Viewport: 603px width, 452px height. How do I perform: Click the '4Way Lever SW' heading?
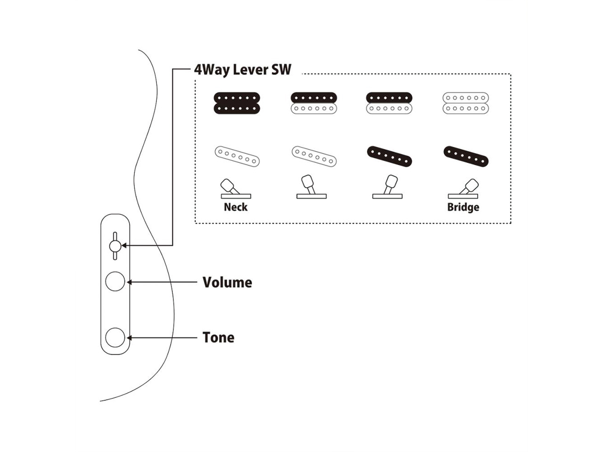click(x=243, y=70)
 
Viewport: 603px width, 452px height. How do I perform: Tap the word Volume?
click(x=227, y=282)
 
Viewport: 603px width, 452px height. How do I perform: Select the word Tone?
click(x=218, y=338)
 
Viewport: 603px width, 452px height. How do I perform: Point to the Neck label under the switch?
click(x=236, y=207)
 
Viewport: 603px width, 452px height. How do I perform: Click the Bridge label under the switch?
click(x=463, y=207)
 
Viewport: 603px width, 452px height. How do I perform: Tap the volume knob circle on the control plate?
click(x=115, y=282)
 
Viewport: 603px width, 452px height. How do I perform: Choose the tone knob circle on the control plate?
click(x=115, y=338)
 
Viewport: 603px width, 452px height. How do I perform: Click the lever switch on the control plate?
click(x=114, y=246)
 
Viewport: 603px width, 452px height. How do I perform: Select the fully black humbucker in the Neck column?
click(x=237, y=103)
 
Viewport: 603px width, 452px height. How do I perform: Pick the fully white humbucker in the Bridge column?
click(x=465, y=103)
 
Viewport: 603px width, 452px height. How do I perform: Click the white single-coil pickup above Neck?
click(x=237, y=156)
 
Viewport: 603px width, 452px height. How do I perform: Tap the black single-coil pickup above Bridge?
click(x=466, y=156)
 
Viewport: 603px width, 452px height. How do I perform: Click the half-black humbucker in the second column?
click(x=314, y=103)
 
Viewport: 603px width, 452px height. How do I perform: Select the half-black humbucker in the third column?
click(x=389, y=103)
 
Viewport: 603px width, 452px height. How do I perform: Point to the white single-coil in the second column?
click(x=314, y=156)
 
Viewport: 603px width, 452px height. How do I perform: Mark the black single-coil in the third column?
click(x=389, y=156)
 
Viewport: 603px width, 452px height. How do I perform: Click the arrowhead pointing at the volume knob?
click(x=129, y=282)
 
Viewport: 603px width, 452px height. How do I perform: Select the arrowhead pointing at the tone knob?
click(x=129, y=338)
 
